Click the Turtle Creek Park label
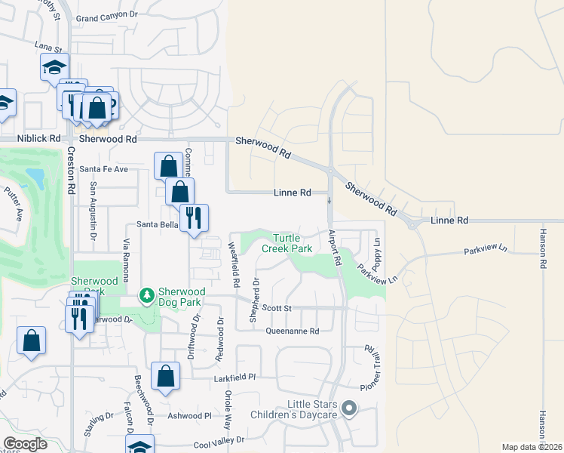(x=287, y=243)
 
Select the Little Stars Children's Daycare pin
(x=348, y=408)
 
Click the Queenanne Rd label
(x=293, y=331)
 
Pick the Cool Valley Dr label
(x=219, y=439)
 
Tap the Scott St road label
(x=276, y=308)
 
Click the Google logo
(x=25, y=444)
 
